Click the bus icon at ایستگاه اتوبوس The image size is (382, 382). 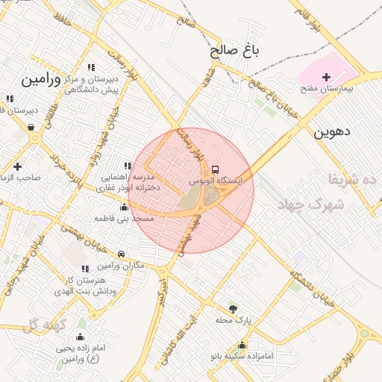click(x=216, y=169)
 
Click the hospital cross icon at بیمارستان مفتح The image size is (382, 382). click(x=325, y=77)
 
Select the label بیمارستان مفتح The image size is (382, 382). click(x=326, y=88)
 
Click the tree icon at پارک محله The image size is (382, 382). click(x=233, y=309)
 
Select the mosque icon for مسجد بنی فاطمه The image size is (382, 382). click(x=125, y=207)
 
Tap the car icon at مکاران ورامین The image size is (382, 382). click(x=121, y=255)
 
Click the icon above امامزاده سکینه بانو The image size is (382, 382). click(x=242, y=345)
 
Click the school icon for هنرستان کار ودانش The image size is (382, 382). click(x=85, y=269)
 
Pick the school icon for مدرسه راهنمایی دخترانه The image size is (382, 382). click(x=125, y=166)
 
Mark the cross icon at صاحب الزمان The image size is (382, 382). click(x=18, y=166)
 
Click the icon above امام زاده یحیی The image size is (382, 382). click(x=81, y=336)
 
